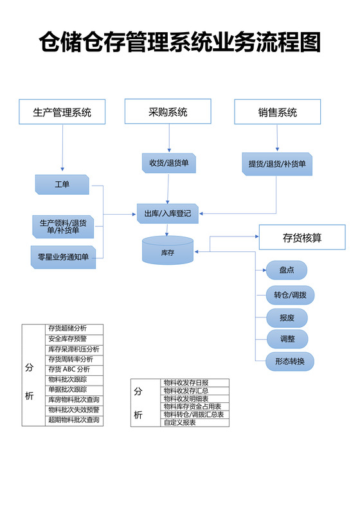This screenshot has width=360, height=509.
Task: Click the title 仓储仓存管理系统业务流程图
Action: [x=179, y=43]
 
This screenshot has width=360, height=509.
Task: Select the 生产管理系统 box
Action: [x=63, y=112]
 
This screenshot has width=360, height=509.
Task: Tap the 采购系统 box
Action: [x=168, y=112]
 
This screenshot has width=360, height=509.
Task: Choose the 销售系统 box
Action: [x=277, y=112]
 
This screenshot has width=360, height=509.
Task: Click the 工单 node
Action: [x=62, y=185]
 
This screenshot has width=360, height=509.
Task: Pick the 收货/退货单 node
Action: [x=168, y=163]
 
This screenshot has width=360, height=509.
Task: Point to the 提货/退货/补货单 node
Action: [x=277, y=164]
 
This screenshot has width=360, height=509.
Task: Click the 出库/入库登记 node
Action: [x=168, y=213]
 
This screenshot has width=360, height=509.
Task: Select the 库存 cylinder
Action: [x=167, y=251]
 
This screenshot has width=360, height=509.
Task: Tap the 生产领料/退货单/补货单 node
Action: [x=63, y=226]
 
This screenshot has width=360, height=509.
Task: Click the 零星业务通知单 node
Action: [x=63, y=257]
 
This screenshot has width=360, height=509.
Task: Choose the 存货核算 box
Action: [x=302, y=238]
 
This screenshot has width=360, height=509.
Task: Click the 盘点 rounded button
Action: [x=286, y=271]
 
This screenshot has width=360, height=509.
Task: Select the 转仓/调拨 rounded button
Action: [x=290, y=296]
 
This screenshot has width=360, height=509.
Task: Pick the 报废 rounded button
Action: [x=286, y=317]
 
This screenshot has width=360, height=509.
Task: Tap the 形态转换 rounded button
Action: [x=290, y=362]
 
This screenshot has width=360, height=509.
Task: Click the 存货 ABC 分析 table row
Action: [x=74, y=370]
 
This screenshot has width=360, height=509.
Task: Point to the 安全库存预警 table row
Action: [x=74, y=339]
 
